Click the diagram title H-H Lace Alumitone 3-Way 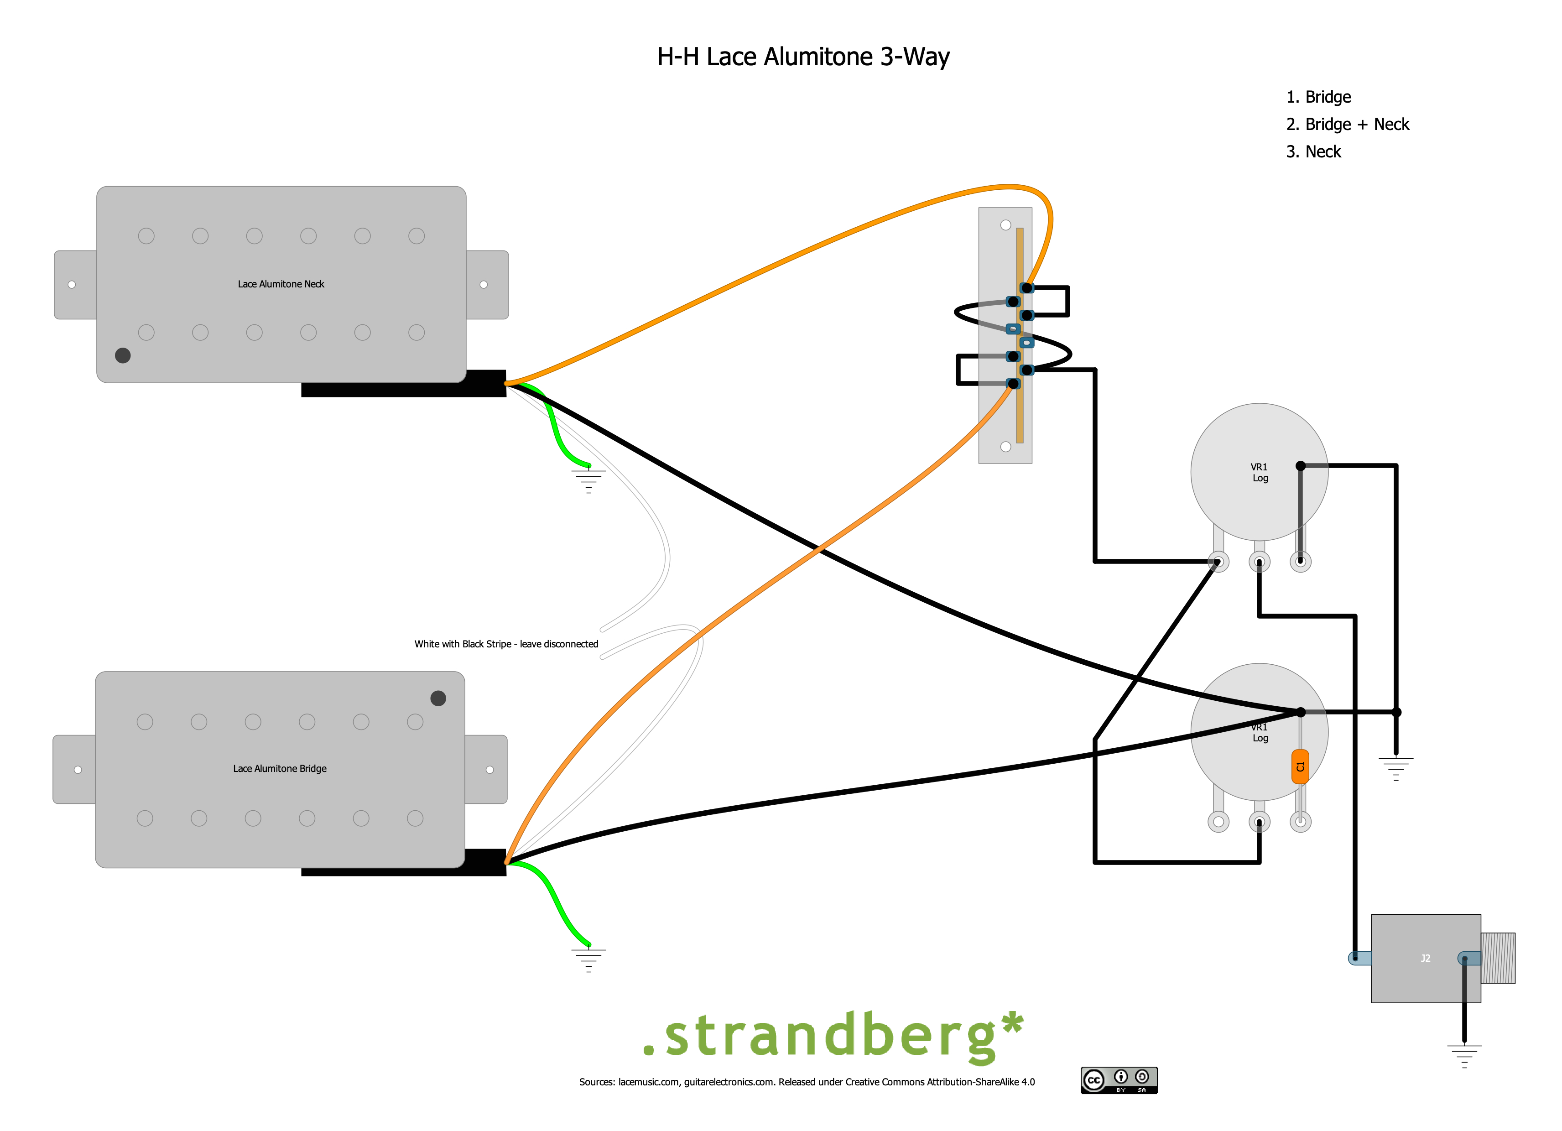tap(803, 57)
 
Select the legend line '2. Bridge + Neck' tap(1347, 125)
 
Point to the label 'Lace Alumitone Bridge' tap(280, 769)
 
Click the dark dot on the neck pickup tap(123, 355)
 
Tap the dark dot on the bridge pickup tap(438, 698)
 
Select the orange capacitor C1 tap(1300, 766)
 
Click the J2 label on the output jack tap(1426, 958)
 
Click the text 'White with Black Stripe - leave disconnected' tap(506, 644)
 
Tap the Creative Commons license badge tap(1119, 1080)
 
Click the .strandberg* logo tap(832, 1035)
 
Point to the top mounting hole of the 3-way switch tap(1005, 225)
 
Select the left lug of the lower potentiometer tap(1218, 822)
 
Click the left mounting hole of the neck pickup tap(72, 285)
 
